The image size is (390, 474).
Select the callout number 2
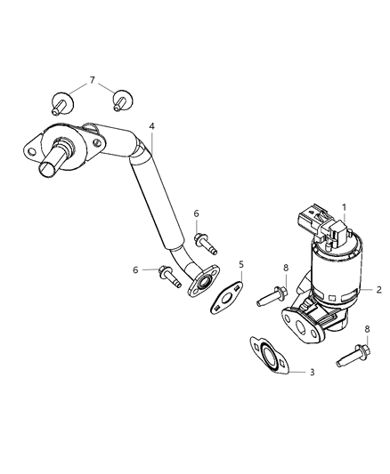click(378, 290)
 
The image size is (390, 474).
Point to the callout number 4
click(152, 127)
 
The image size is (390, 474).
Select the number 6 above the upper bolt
click(196, 213)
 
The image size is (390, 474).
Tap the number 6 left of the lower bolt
click(136, 269)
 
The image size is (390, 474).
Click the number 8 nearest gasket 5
click(285, 268)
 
